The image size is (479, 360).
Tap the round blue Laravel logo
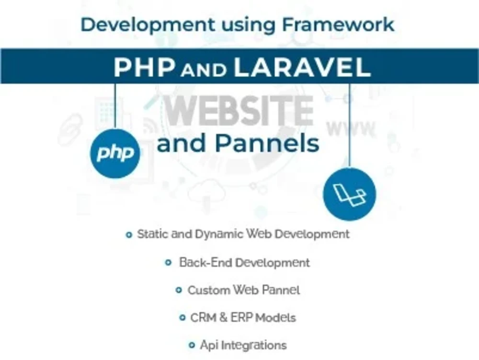pyautogui.click(x=350, y=194)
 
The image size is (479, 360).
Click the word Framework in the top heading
pyautogui.click(x=341, y=24)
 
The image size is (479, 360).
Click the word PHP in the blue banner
pyautogui.click(x=144, y=68)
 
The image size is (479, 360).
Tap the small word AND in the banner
pyautogui.click(x=204, y=70)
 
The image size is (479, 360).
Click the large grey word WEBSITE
pyautogui.click(x=239, y=111)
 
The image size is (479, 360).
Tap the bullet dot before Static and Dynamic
pyautogui.click(x=128, y=235)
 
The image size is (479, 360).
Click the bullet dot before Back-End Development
pyautogui.click(x=168, y=263)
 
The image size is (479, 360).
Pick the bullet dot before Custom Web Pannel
pyautogui.click(x=179, y=290)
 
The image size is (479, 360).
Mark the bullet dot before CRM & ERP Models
pyautogui.click(x=182, y=317)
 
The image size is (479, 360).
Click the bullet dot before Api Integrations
pyautogui.click(x=192, y=345)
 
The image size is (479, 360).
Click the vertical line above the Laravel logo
pyautogui.click(x=350, y=125)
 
